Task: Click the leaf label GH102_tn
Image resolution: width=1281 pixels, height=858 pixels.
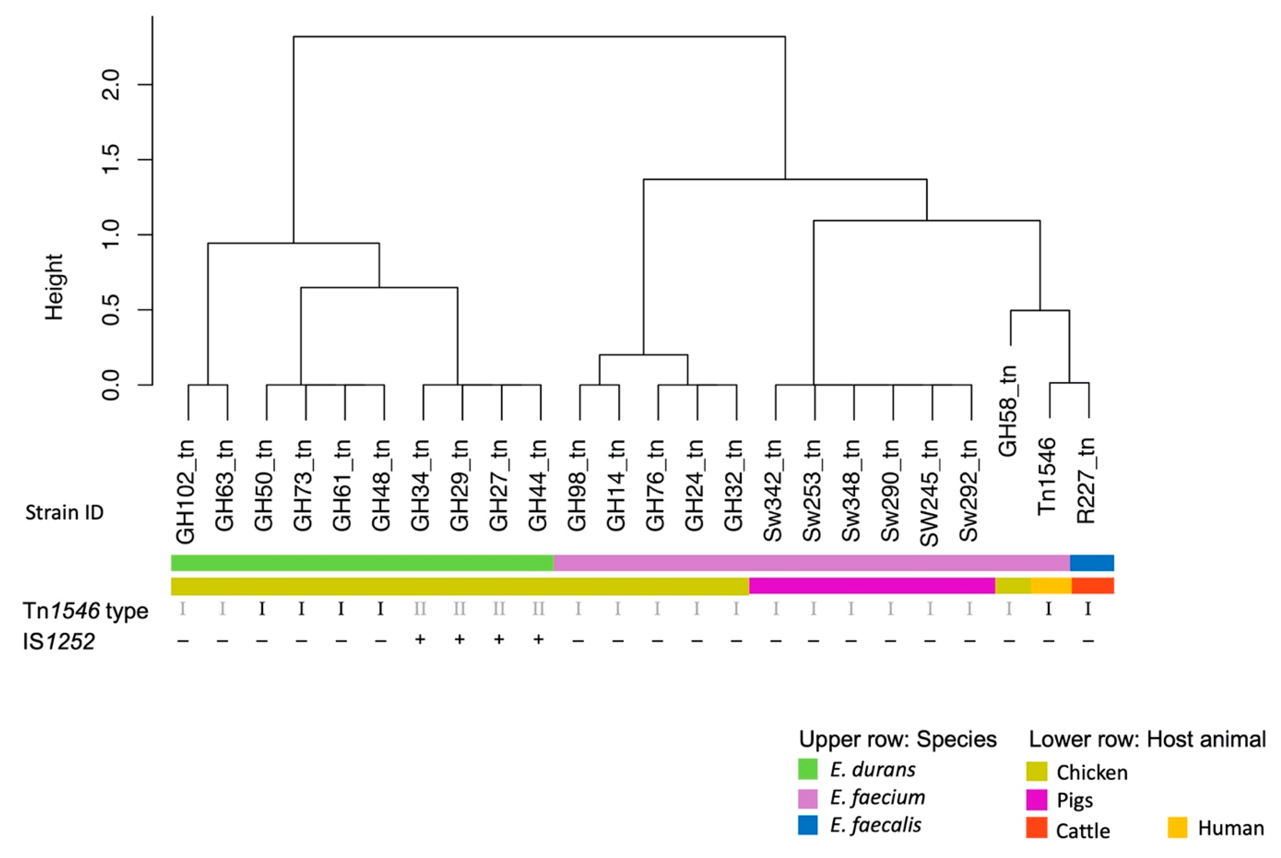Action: (x=186, y=491)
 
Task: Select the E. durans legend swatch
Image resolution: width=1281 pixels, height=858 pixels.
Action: (x=808, y=769)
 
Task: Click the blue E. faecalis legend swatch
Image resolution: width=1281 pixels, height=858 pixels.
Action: (x=808, y=825)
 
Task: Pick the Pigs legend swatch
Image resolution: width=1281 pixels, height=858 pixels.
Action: (x=1036, y=800)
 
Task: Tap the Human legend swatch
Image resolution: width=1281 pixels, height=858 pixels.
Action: (x=1178, y=827)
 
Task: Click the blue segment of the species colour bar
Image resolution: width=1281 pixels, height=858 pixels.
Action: (x=1092, y=563)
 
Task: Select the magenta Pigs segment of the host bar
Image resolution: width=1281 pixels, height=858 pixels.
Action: (x=872, y=586)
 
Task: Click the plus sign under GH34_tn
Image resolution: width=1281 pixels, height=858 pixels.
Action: (x=420, y=639)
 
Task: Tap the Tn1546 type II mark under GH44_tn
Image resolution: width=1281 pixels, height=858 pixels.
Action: (x=538, y=609)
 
